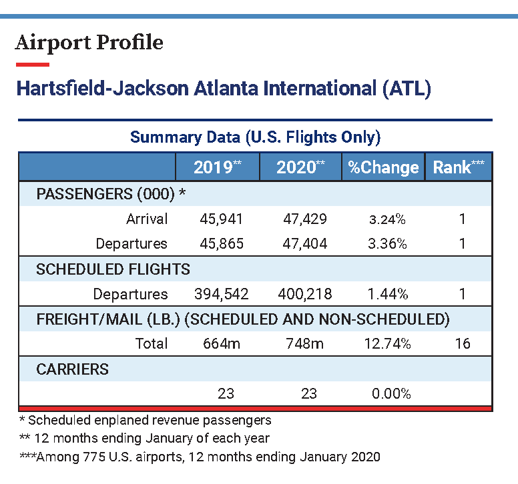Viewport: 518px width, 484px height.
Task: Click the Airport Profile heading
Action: [x=89, y=43]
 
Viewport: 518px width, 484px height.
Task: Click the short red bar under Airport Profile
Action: [x=33, y=65]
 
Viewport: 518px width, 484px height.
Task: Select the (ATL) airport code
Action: [x=407, y=89]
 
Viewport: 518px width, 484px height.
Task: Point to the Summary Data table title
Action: [x=255, y=137]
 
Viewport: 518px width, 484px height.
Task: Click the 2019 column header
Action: [x=217, y=167]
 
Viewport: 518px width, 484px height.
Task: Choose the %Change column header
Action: [x=383, y=167]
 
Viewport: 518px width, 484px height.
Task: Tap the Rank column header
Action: [x=459, y=167]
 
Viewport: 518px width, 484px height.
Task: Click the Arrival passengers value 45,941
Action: [x=222, y=219]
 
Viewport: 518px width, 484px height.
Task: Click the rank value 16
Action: [x=462, y=343]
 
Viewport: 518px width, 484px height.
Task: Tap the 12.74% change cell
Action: [x=387, y=343]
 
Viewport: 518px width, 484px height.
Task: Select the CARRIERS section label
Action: [x=72, y=369]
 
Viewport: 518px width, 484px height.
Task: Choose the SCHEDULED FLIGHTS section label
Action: [x=113, y=269]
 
